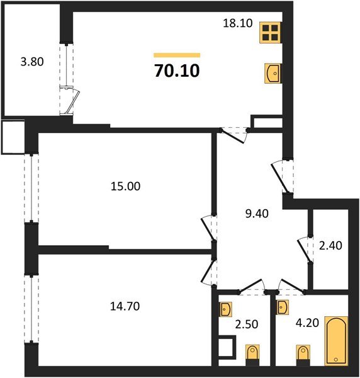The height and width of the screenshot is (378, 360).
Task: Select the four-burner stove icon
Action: pyautogui.click(x=271, y=33)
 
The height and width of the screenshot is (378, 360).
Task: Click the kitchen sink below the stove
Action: pyautogui.click(x=272, y=74)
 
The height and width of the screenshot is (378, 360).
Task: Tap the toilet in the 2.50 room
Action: pyautogui.click(x=252, y=355)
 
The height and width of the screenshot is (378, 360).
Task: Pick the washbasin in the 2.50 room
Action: pyautogui.click(x=227, y=310)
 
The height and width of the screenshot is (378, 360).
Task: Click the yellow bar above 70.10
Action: pyautogui.click(x=177, y=55)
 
